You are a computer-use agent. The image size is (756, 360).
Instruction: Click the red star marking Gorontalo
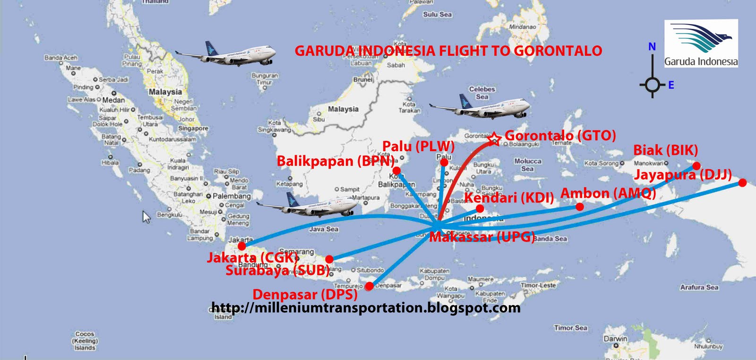pyautogui.click(x=494, y=139)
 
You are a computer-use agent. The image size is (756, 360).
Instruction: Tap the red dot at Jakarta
pyautogui.click(x=242, y=246)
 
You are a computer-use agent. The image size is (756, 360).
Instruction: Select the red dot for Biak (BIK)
pyautogui.click(x=696, y=166)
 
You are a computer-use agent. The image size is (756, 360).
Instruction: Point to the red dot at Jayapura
pyautogui.click(x=742, y=182)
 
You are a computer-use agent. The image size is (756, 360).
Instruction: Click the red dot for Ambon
pyautogui.click(x=580, y=206)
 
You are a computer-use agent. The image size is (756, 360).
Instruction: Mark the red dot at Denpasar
pyautogui.click(x=369, y=286)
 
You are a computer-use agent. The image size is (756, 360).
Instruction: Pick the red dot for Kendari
pyautogui.click(x=480, y=208)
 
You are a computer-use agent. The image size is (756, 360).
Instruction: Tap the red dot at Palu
pyautogui.click(x=444, y=163)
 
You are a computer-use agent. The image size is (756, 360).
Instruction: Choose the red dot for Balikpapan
pyautogui.click(x=396, y=170)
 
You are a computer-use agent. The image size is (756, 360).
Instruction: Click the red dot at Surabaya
pyautogui.click(x=329, y=259)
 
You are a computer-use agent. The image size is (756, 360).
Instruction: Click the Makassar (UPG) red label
pyautogui.click(x=482, y=237)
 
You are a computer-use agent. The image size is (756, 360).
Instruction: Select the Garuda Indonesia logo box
pyautogui.click(x=701, y=43)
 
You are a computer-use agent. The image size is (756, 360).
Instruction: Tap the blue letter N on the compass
pyautogui.click(x=652, y=46)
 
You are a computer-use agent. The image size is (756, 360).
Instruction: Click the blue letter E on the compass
pyautogui.click(x=671, y=85)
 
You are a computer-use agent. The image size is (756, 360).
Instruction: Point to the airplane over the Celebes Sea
pyautogui.click(x=480, y=107)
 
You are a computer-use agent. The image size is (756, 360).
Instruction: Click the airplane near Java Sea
pyautogui.click(x=307, y=205)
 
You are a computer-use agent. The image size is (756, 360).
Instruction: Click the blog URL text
pyautogui.click(x=366, y=308)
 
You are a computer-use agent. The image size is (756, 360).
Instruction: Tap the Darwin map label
pyautogui.click(x=615, y=339)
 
